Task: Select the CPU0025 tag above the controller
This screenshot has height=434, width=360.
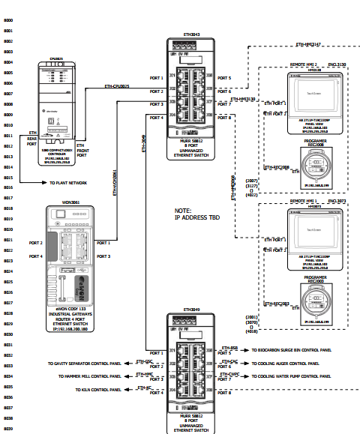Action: (x=55, y=56)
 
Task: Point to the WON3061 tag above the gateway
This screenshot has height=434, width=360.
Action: (x=70, y=202)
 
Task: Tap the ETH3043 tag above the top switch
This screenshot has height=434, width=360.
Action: (x=191, y=34)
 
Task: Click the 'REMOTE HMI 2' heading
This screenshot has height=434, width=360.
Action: (x=304, y=64)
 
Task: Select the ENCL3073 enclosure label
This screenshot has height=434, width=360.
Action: (x=336, y=202)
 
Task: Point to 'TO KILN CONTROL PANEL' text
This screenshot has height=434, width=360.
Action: (x=96, y=390)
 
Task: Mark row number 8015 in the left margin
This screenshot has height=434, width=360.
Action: (x=9, y=177)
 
